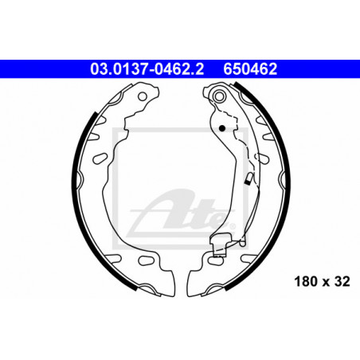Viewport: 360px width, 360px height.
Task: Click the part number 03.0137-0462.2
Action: (x=147, y=69)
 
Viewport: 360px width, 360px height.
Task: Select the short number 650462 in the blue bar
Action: (x=250, y=69)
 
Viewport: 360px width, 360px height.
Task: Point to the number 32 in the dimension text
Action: (x=342, y=282)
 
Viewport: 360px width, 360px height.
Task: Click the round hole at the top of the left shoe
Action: (x=143, y=96)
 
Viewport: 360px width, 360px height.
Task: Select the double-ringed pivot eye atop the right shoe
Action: (x=219, y=96)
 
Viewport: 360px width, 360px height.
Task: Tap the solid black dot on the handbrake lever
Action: (x=222, y=128)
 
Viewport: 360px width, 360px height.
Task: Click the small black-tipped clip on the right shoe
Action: (x=248, y=179)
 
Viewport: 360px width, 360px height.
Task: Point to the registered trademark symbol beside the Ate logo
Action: (x=233, y=226)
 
